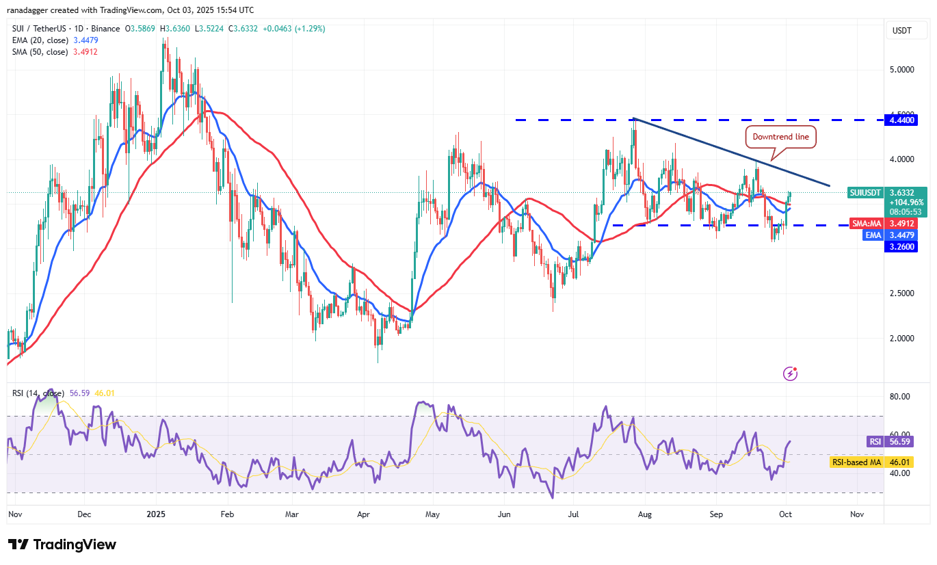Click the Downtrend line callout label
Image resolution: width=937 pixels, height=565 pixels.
(780, 137)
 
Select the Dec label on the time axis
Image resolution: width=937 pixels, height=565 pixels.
(84, 514)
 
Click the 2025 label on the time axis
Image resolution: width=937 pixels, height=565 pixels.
(156, 514)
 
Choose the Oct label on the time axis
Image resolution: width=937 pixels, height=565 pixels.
(785, 514)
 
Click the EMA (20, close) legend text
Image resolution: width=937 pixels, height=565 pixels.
(39, 40)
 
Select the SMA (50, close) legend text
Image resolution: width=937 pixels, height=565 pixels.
(39, 52)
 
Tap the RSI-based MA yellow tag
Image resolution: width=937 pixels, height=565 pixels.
(856, 462)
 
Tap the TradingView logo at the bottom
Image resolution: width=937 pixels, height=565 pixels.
(62, 545)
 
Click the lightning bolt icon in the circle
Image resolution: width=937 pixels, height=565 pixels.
(790, 373)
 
